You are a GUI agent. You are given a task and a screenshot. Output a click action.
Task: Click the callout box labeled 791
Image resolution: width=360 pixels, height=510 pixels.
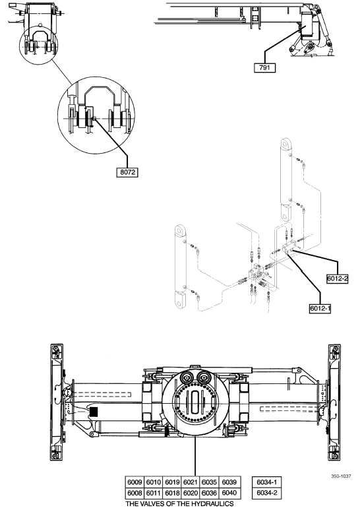(x=265, y=68)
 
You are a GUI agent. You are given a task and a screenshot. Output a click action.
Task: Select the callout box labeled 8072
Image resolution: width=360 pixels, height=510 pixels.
(x=127, y=172)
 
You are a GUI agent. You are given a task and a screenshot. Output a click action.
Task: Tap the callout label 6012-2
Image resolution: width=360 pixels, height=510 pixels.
(x=338, y=278)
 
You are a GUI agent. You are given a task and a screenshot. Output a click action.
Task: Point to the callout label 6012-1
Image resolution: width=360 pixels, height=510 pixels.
(x=320, y=308)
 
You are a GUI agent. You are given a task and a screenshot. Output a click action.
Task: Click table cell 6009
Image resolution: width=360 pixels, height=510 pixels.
(x=135, y=482)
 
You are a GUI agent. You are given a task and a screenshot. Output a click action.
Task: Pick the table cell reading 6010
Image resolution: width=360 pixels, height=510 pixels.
(x=154, y=482)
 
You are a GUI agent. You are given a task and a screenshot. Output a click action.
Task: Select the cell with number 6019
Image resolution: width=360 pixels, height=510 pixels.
(x=172, y=482)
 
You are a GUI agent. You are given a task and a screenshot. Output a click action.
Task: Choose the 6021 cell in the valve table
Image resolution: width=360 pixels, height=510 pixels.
(x=191, y=482)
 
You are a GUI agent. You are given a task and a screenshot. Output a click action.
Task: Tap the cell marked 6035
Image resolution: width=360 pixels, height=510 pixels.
(x=209, y=482)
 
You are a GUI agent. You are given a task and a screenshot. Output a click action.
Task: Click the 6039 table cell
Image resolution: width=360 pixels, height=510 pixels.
(x=229, y=482)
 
